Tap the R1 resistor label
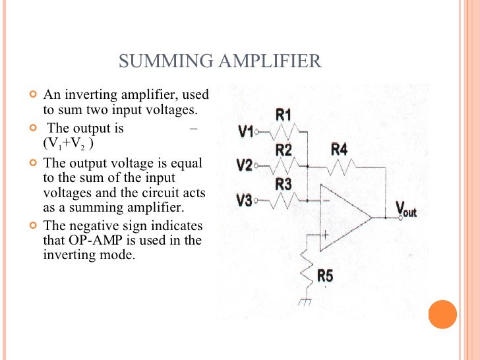[284, 115]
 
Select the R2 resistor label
[284, 150]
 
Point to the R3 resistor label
[284, 184]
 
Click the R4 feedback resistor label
[339, 150]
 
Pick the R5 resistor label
[325, 276]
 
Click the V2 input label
[245, 165]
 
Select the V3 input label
[245, 199]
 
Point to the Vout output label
[406, 210]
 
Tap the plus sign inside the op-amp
[326, 234]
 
